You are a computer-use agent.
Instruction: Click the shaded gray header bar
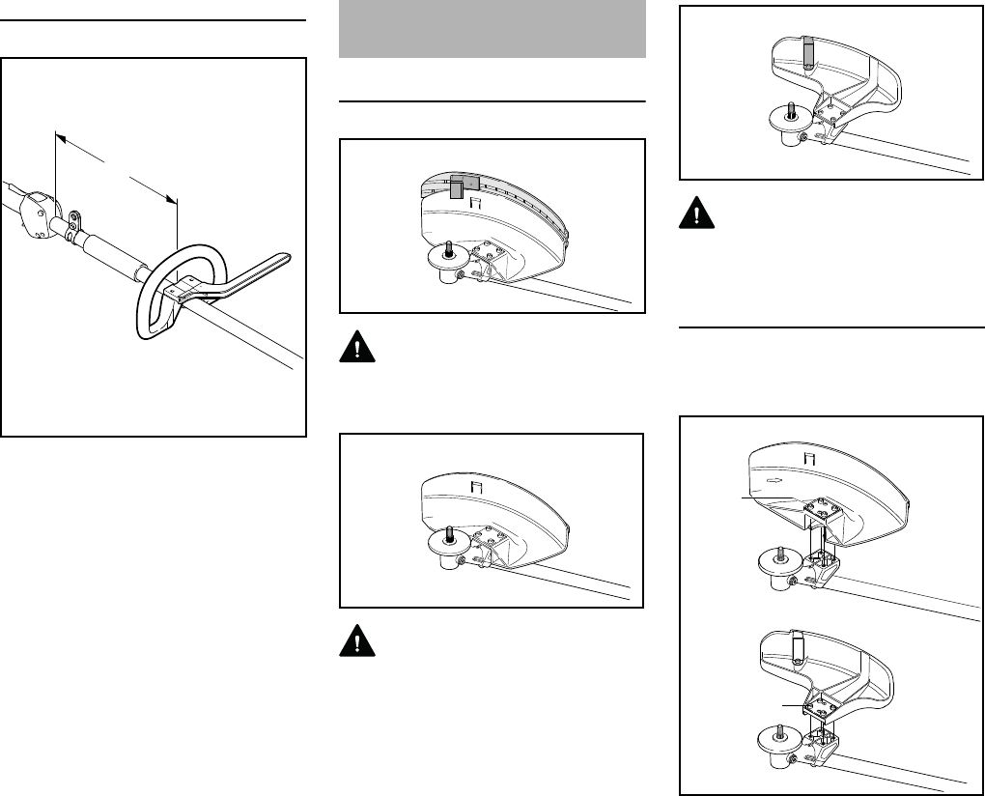(492, 29)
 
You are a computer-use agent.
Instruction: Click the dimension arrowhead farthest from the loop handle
(59, 138)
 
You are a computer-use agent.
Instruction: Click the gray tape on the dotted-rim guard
(460, 185)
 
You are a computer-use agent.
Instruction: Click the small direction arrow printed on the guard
(773, 476)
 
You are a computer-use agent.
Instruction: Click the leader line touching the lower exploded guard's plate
(794, 706)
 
